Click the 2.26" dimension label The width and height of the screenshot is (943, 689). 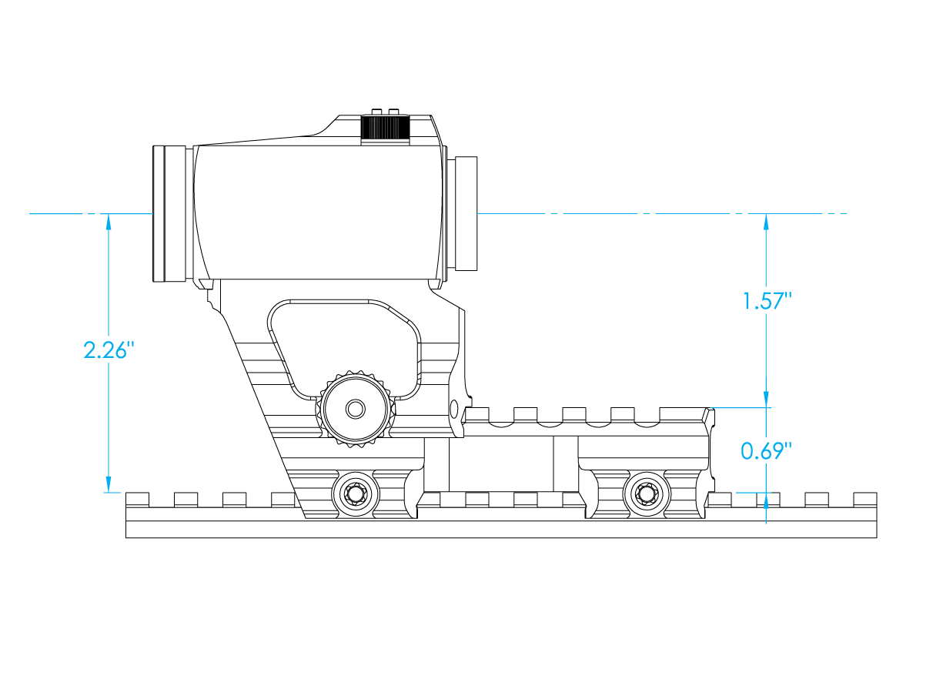109,350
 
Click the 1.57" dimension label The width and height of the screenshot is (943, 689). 767,301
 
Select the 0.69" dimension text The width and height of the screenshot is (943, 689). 766,451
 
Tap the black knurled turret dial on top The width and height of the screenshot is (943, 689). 385,127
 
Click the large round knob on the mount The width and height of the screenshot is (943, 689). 356,409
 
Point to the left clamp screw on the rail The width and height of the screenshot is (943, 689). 356,494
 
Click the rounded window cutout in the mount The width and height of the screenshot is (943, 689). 344,350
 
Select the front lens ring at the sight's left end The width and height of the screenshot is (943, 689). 169,214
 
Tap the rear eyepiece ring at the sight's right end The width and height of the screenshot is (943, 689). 466,214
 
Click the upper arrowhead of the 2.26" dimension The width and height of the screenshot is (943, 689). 109,222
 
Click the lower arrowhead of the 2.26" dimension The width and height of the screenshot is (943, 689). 109,484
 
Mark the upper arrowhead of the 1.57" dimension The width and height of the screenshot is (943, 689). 766,222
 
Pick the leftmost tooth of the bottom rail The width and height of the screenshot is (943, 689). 137,500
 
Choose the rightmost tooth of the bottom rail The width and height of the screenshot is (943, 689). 865,500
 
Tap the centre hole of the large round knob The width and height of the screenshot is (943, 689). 356,409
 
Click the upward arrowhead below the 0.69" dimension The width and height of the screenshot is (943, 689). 766,501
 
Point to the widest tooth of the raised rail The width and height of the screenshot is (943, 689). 683,414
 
